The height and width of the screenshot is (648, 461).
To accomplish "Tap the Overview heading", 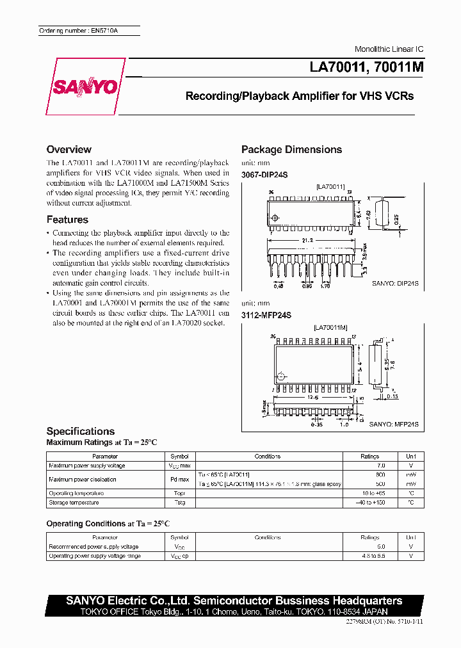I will point(69,149).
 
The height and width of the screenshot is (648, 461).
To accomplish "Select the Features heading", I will point(67,220).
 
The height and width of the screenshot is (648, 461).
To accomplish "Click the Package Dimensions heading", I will point(291,149).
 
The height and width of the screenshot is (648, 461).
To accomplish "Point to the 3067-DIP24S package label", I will point(266,175).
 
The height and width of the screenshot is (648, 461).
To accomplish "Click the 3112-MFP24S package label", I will point(266,315).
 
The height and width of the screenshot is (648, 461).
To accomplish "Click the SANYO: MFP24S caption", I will point(394,424).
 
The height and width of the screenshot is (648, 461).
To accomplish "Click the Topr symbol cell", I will point(179,493).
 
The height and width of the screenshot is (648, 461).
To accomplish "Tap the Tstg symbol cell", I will point(179,502).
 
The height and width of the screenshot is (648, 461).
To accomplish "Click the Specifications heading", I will point(81,431).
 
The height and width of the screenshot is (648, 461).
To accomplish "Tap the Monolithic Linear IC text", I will point(389,49).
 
